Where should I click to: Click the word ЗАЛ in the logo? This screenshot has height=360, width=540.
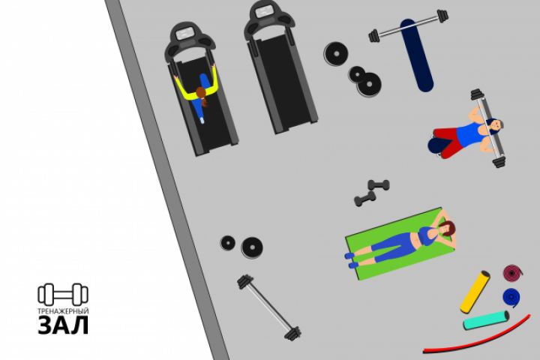point(63,325)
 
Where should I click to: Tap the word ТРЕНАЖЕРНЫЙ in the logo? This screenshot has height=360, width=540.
point(63,311)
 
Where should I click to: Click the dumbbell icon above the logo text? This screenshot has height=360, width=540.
point(63,295)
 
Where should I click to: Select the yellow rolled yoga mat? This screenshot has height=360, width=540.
point(475,292)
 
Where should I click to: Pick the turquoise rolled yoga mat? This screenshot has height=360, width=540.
point(486,320)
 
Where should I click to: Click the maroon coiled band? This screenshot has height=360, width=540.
point(513,273)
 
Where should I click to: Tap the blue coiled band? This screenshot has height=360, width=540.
point(511,297)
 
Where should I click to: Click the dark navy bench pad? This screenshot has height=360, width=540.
point(417,55)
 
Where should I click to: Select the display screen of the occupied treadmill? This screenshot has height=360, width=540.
point(186,34)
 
